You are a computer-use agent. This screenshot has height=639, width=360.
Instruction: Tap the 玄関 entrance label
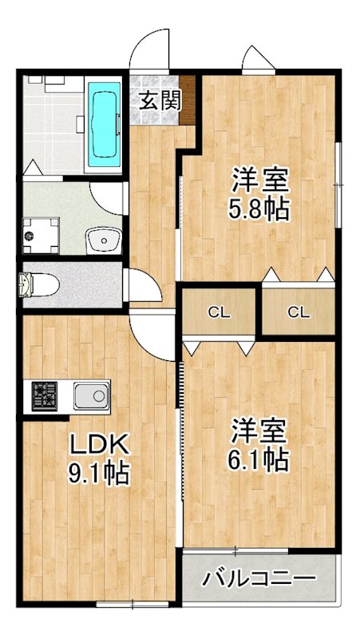(160, 101)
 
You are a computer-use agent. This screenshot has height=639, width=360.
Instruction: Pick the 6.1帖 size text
(259, 458)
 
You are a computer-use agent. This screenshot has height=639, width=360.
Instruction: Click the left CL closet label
(219, 312)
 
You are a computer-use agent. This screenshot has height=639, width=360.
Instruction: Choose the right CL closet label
(298, 312)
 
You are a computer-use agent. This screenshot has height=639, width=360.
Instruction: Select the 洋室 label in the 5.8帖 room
(259, 178)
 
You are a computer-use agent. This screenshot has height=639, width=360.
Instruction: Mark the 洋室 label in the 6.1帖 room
(259, 430)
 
